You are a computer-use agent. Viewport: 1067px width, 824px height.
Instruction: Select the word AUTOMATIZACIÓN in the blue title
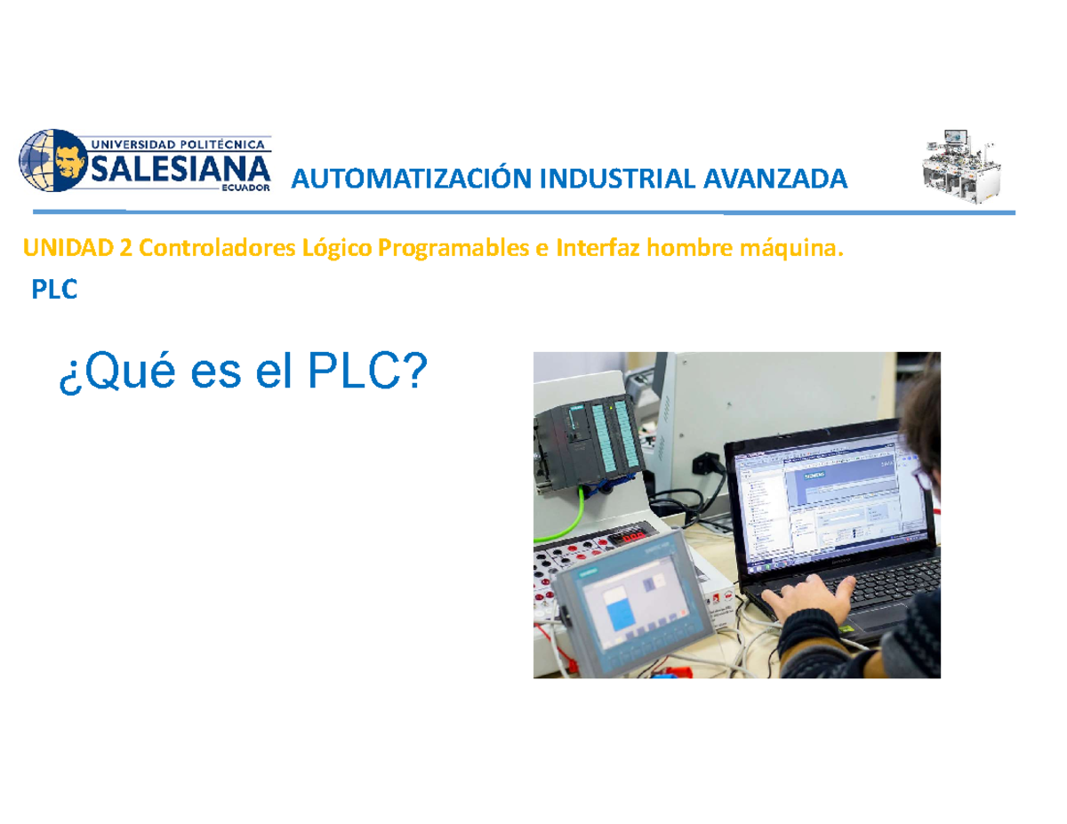402,180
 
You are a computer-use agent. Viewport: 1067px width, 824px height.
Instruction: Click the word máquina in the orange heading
795,250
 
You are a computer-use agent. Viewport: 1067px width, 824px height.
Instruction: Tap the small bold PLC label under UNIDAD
54,290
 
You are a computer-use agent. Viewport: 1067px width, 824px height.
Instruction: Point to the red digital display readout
633,538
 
